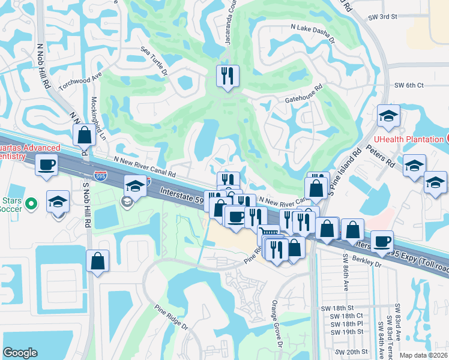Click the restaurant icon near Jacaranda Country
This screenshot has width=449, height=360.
228,76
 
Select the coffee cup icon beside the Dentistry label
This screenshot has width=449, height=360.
47,164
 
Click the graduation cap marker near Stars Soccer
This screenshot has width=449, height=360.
58,202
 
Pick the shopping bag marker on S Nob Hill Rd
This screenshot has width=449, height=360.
97,260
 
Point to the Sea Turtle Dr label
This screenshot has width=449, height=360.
154,60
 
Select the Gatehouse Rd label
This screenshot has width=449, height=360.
304,93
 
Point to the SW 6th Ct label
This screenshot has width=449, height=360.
406,85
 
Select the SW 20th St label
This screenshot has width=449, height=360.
351,352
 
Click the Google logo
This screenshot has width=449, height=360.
20,352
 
